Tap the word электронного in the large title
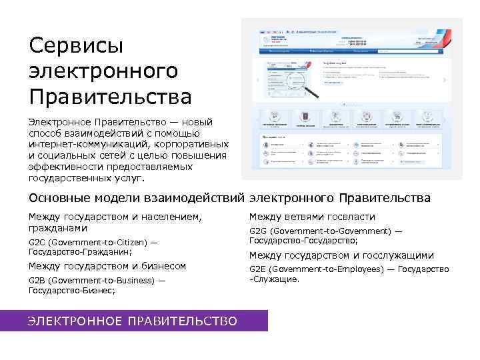click(x=103, y=71)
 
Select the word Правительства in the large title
click(x=110, y=97)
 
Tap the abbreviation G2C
click(x=37, y=242)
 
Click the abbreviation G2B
click(x=37, y=281)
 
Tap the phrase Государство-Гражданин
click(x=79, y=252)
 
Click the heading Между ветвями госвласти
click(x=312, y=217)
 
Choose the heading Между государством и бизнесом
click(x=107, y=266)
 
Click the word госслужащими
click(x=399, y=255)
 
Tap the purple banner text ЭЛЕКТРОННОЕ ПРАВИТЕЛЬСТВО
click(x=132, y=321)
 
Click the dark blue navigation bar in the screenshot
click(x=351, y=51)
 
